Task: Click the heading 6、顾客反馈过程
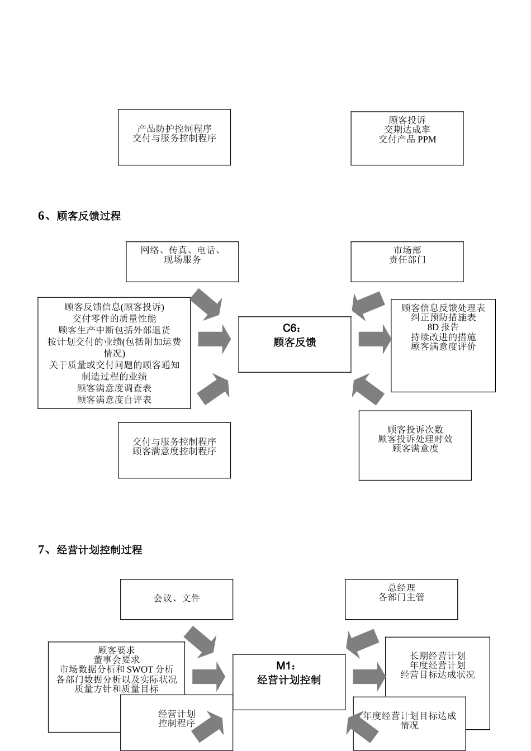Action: (79, 216)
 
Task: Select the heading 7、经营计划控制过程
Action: (90, 550)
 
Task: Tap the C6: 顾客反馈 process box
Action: (295, 344)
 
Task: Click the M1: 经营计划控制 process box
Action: (288, 682)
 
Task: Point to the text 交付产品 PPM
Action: (407, 139)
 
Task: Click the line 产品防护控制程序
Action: (174, 129)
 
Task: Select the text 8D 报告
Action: (443, 327)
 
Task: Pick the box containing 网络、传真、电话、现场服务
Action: (182, 262)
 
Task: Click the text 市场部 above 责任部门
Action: (407, 250)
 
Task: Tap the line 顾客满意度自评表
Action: (114, 399)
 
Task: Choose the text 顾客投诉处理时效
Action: (415, 439)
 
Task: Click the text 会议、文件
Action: (177, 598)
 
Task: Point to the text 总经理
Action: (401, 588)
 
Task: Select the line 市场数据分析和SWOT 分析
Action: (116, 669)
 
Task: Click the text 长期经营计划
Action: (437, 656)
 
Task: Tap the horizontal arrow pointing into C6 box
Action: (214, 339)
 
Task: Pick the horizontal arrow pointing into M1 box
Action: (208, 676)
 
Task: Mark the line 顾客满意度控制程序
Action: (174, 451)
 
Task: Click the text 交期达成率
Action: (407, 130)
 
